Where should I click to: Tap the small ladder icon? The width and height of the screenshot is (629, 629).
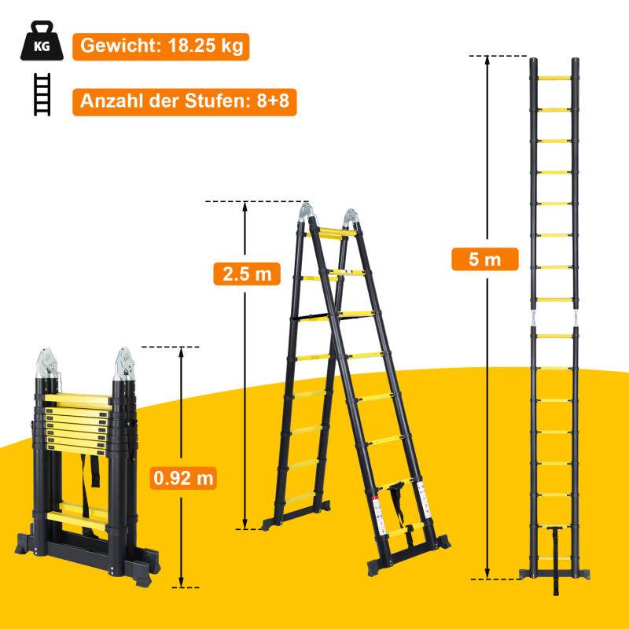[42, 94]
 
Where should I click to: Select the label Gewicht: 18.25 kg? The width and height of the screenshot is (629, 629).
[160, 46]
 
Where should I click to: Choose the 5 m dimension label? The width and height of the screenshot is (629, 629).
[485, 259]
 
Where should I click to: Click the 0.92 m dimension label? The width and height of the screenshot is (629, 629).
[183, 476]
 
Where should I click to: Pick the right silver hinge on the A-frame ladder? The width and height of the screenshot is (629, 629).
[351, 219]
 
